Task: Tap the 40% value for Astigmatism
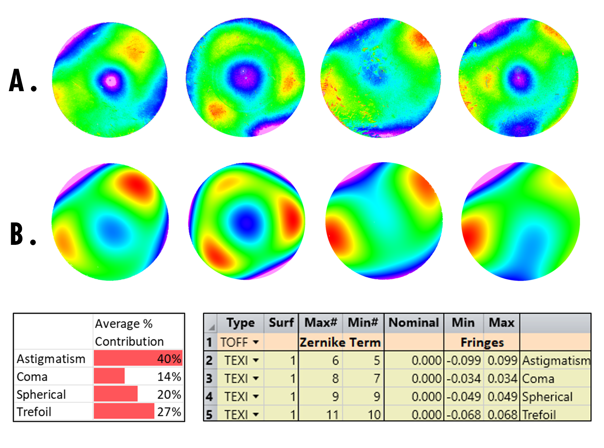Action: coord(169,359)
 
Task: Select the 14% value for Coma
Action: coord(169,377)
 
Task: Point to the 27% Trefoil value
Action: coord(169,412)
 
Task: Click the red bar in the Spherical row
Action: coord(116,394)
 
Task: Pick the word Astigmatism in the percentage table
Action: coord(51,359)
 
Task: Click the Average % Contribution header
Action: coord(130,332)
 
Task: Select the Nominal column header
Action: coord(414,323)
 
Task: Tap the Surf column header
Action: coord(281,323)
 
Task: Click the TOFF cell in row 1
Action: coord(234,342)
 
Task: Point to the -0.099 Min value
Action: coord(464,360)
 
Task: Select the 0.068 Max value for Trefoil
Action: coord(502,415)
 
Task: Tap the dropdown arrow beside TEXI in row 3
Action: coord(256,378)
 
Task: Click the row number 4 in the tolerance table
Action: coord(210,397)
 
